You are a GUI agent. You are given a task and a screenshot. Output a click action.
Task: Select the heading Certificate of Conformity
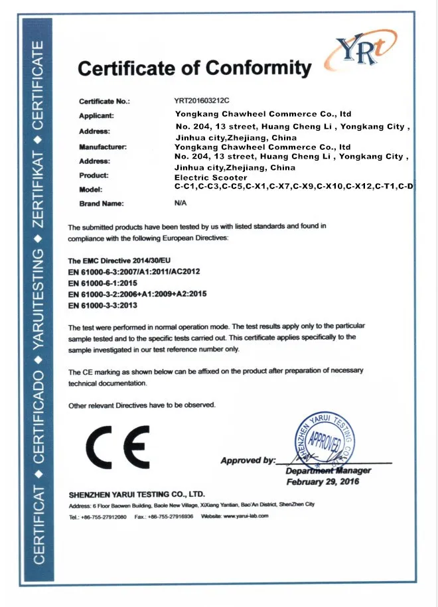point(194,68)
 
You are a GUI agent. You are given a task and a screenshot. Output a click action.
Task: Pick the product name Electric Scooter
point(210,178)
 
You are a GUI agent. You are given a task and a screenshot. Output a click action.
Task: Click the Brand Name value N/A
point(181,204)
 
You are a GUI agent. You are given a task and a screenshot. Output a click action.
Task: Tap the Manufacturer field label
point(102,146)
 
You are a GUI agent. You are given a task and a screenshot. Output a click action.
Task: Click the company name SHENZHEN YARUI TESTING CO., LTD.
point(137,495)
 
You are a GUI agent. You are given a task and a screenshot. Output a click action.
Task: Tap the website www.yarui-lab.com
point(244,516)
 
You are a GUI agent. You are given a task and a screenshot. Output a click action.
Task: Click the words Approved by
point(247,460)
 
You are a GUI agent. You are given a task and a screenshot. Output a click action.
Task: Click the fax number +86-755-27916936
point(171,516)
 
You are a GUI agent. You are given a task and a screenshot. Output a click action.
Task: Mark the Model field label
point(90,190)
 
